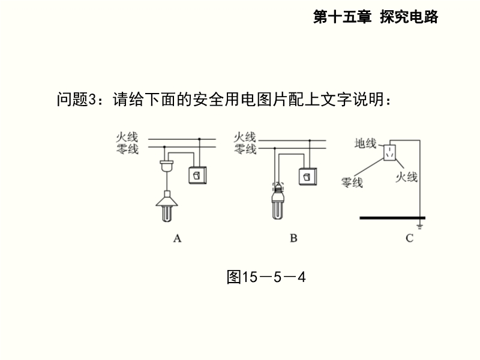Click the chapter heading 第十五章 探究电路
[x=376, y=17]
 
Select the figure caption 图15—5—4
[x=266, y=277]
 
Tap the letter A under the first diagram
[x=177, y=238]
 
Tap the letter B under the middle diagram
[x=293, y=238]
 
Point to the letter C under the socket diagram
[x=410, y=238]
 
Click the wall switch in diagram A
[x=197, y=175]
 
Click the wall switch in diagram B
[x=308, y=176]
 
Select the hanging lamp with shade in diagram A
[x=167, y=206]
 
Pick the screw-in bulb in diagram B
[x=278, y=201]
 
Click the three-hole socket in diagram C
[x=389, y=152]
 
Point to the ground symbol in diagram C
[x=419, y=227]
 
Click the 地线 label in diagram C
[x=365, y=143]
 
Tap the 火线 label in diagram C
[x=406, y=177]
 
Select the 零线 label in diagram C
[x=352, y=182]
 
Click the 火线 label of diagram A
[x=127, y=137]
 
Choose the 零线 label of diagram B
[x=245, y=149]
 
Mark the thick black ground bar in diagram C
[x=392, y=218]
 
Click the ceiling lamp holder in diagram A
[x=167, y=166]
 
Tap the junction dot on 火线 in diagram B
[x=310, y=140]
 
